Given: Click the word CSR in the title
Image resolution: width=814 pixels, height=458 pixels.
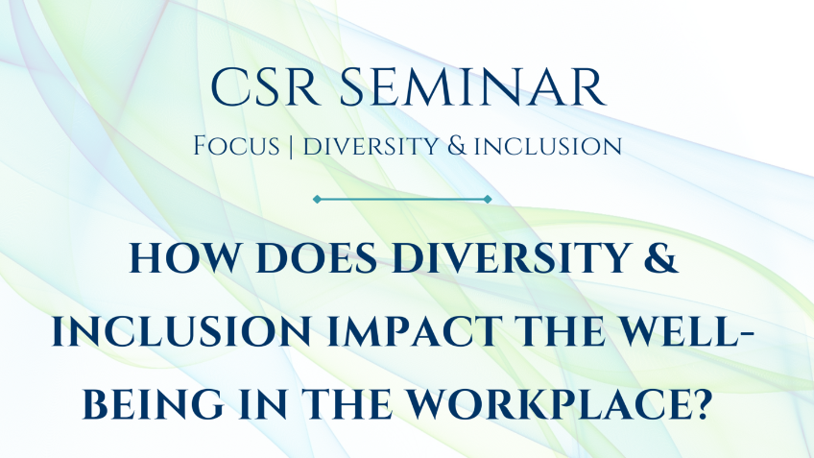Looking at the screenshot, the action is pyautogui.click(x=265, y=86).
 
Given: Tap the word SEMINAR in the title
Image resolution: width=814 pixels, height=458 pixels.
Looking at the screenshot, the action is pyautogui.click(x=473, y=86).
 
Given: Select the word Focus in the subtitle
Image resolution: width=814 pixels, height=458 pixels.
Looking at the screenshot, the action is pyautogui.click(x=236, y=146).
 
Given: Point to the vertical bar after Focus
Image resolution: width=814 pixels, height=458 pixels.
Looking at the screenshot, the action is pyautogui.click(x=291, y=147).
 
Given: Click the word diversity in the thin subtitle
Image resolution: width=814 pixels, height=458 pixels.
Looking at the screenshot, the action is pyautogui.click(x=371, y=147).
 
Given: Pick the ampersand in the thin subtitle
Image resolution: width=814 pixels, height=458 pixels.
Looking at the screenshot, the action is pyautogui.click(x=457, y=146).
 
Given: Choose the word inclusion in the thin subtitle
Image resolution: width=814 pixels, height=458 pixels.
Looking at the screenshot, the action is pyautogui.click(x=548, y=147).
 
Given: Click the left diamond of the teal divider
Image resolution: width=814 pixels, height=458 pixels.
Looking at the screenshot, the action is pyautogui.click(x=317, y=199).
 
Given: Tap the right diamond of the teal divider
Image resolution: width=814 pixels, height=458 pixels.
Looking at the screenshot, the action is pyautogui.click(x=488, y=199).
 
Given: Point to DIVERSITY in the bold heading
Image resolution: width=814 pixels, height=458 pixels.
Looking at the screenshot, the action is pyautogui.click(x=512, y=257).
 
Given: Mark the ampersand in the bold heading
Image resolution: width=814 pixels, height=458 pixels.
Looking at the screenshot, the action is pyautogui.click(x=661, y=257).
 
